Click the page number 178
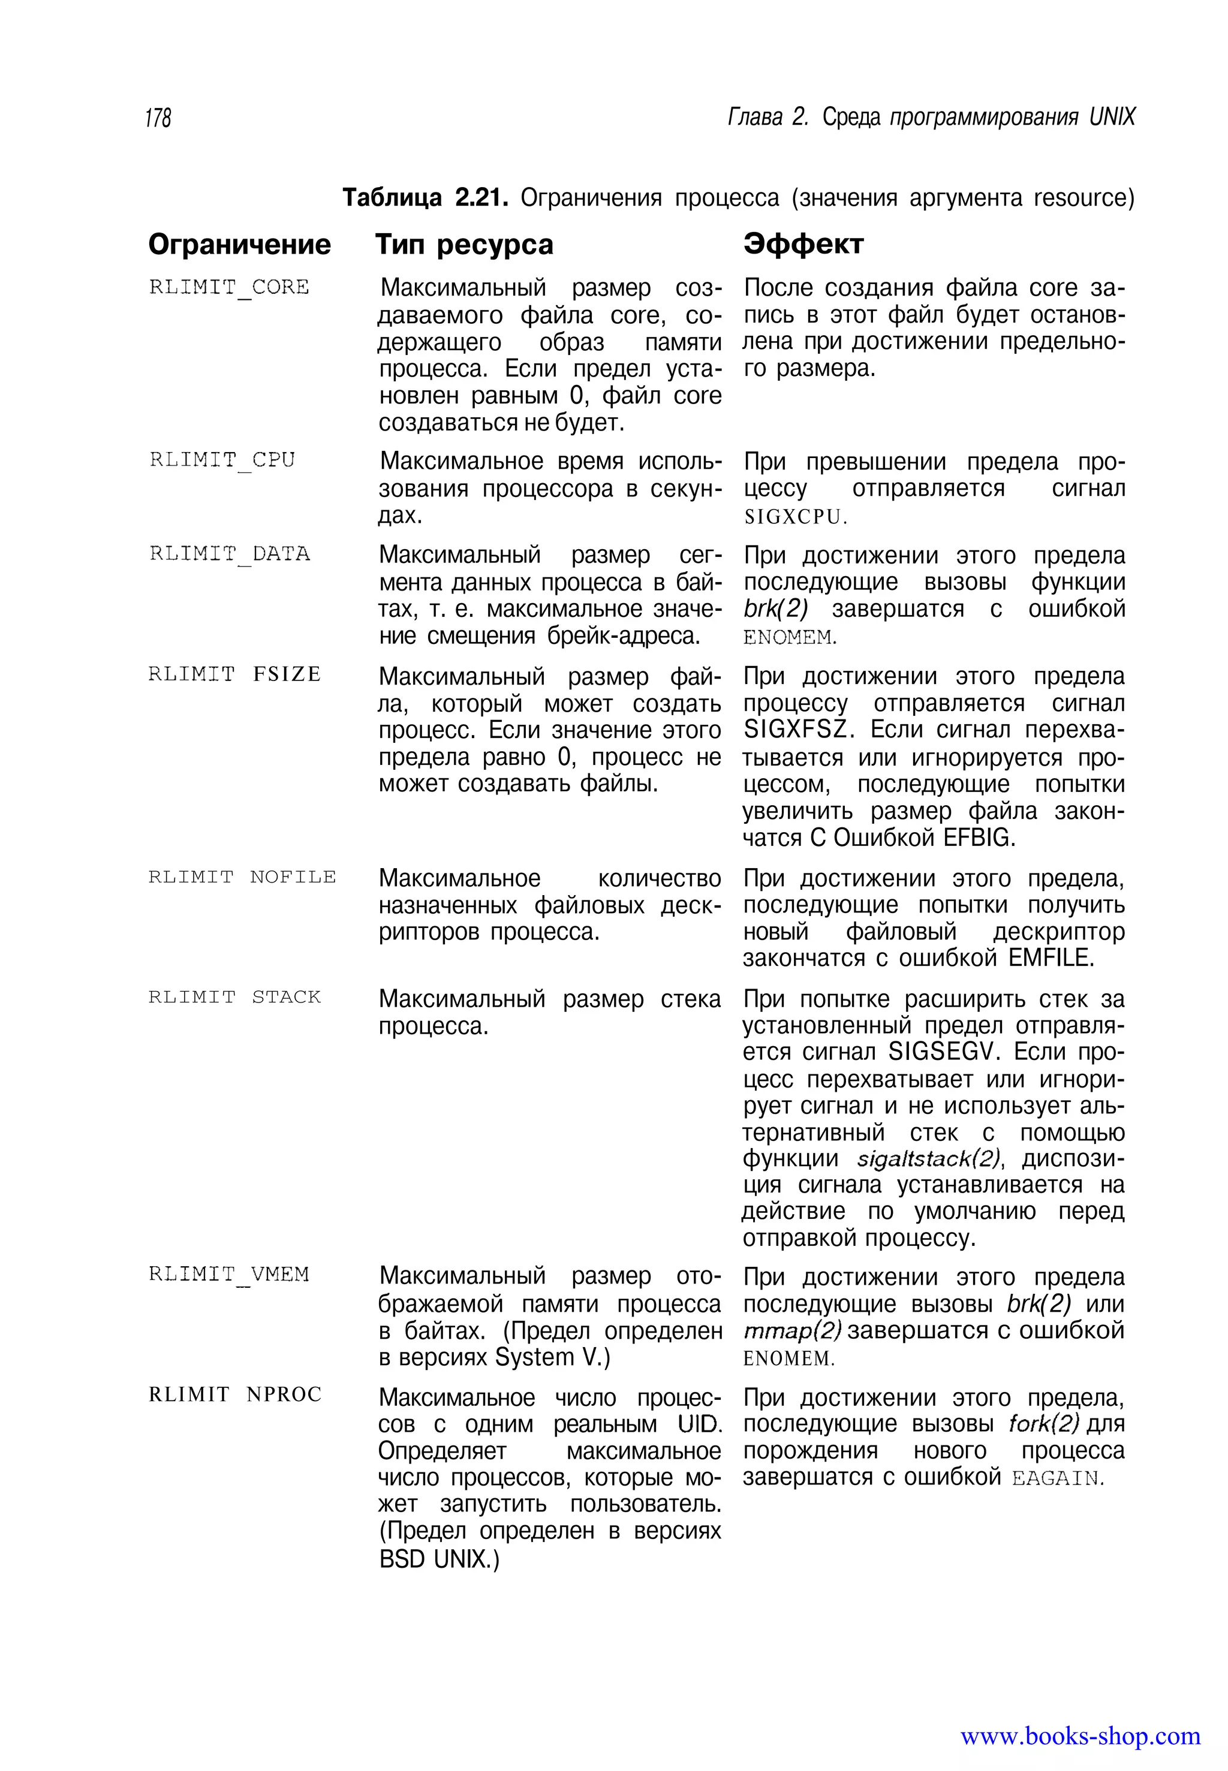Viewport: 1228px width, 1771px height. pyautogui.click(x=158, y=118)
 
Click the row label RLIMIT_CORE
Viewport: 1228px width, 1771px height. pyautogui.click(x=228, y=288)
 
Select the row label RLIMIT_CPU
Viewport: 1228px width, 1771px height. pyautogui.click(x=222, y=460)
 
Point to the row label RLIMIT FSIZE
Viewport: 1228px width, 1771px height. pyautogui.click(x=234, y=674)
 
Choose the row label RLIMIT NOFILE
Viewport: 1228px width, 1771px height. pyautogui.click(x=242, y=877)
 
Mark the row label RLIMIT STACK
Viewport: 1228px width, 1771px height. pyautogui.click(x=234, y=997)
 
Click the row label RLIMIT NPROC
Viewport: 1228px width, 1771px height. pyautogui.click(x=234, y=1394)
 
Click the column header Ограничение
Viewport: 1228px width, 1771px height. pyautogui.click(x=239, y=245)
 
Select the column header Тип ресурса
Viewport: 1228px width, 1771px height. pyautogui.click(x=464, y=245)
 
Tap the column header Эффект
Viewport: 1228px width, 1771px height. pyautogui.click(x=803, y=244)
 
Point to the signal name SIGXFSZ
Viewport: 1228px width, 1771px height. pyautogui.click(x=795, y=730)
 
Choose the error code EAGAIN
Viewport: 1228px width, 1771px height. pyautogui.click(x=1057, y=1478)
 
